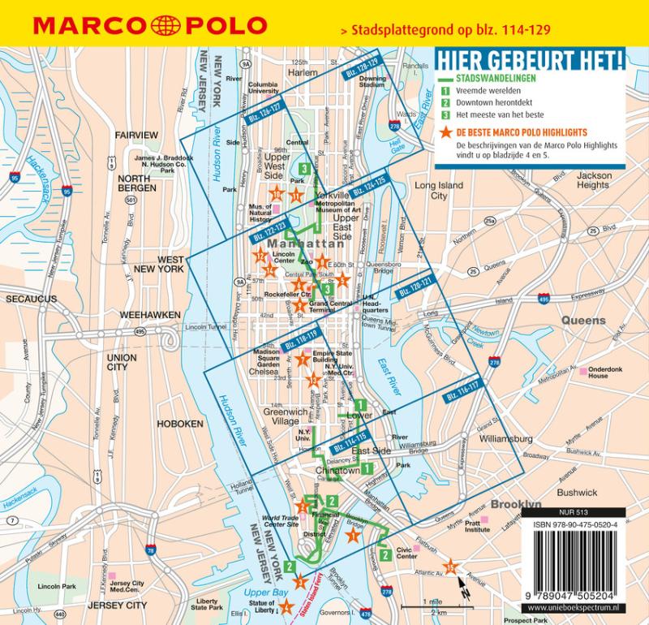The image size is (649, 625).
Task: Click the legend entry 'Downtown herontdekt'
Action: point(488,103)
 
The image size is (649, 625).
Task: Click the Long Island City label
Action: point(438,191)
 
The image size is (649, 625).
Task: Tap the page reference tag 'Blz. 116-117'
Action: point(463,395)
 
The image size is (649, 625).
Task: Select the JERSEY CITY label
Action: point(118,606)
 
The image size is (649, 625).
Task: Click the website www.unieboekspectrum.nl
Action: point(577,609)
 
